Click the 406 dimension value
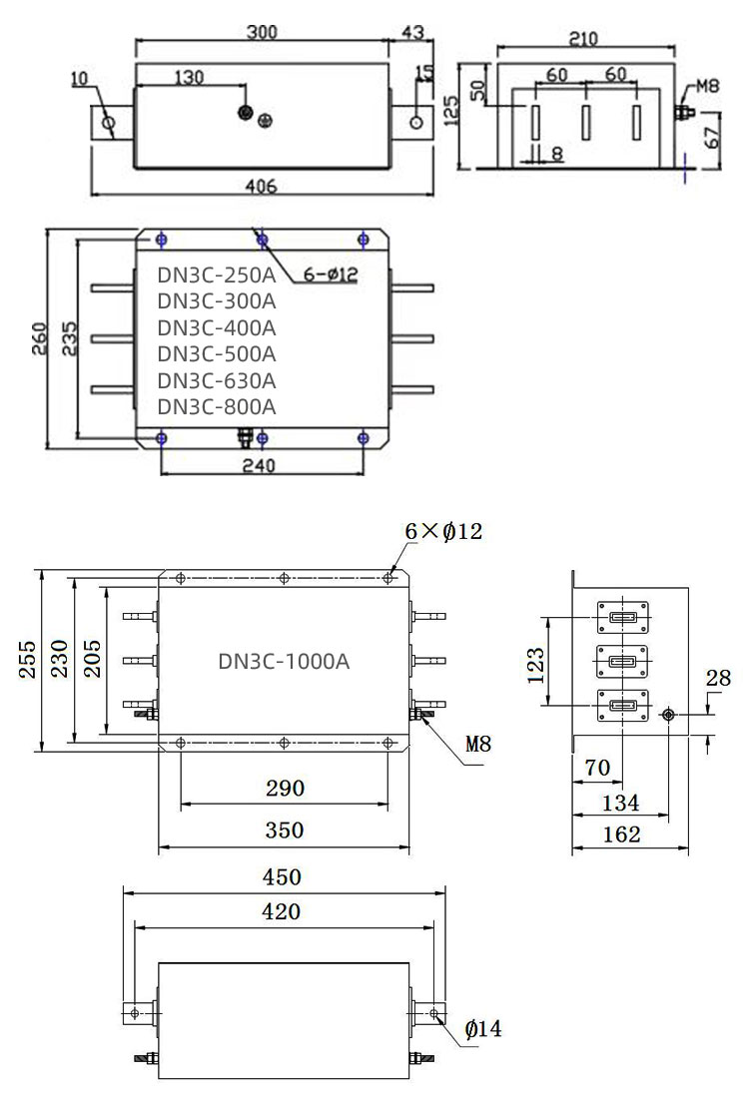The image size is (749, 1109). click(x=261, y=187)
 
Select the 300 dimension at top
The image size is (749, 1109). click(x=262, y=31)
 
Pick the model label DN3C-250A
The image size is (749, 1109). click(x=217, y=275)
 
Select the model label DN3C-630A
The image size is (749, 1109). click(x=217, y=380)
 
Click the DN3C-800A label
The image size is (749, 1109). click(x=217, y=406)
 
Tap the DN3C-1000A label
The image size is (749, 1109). click(x=284, y=661)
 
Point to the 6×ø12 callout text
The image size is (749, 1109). click(x=443, y=532)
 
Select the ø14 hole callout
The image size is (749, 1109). click(x=483, y=1028)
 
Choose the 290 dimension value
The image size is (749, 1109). click(x=285, y=789)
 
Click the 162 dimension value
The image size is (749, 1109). click(x=622, y=834)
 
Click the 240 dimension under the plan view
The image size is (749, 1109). click(x=261, y=465)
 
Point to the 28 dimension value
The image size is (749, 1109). click(x=718, y=680)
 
